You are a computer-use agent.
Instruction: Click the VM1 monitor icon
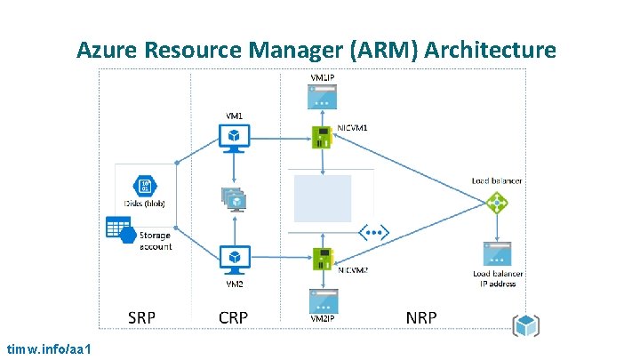(x=234, y=135)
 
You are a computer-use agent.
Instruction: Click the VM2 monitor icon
(x=234, y=258)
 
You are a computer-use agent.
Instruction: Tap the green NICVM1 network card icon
(x=322, y=136)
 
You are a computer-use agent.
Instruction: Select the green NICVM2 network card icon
(x=322, y=258)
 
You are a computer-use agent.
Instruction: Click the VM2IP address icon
(x=322, y=300)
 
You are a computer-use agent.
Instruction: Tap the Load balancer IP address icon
(x=496, y=252)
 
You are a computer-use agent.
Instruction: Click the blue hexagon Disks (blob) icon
(x=145, y=187)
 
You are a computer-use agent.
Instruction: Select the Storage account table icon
(x=121, y=229)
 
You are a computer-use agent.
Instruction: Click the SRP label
(x=142, y=317)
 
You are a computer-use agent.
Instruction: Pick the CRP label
(x=233, y=317)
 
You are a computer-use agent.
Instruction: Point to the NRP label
(x=420, y=317)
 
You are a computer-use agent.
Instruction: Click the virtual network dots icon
(x=373, y=234)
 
